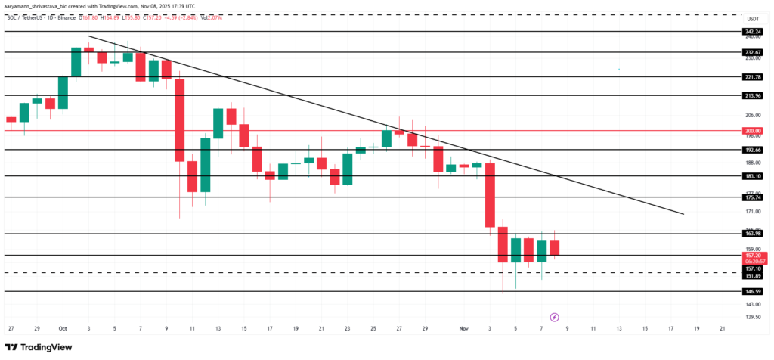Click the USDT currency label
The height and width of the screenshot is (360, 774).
(x=752, y=18)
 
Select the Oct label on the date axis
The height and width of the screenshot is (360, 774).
(x=62, y=329)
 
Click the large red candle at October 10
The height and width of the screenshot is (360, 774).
(x=180, y=119)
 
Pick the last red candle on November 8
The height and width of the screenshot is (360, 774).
(x=554, y=247)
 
